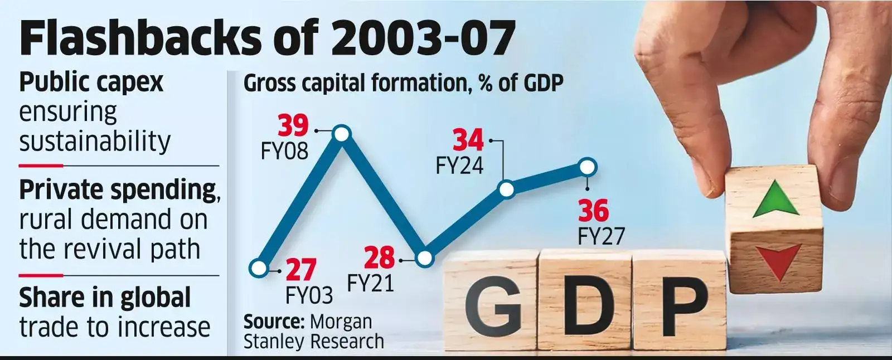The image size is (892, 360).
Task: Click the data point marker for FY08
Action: pyautogui.click(x=341, y=134)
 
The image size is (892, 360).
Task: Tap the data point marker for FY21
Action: pyautogui.click(x=424, y=259)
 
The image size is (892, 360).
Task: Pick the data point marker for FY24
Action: pyautogui.click(x=506, y=189)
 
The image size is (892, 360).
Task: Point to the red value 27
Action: pyautogui.click(x=301, y=270)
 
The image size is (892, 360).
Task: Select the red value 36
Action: pyautogui.click(x=593, y=212)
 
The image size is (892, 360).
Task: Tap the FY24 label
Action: pyautogui.click(x=459, y=166)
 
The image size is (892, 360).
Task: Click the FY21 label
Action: pyautogui.click(x=370, y=284)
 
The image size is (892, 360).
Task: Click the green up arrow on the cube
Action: pyautogui.click(x=775, y=201)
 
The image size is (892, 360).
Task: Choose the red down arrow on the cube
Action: pyautogui.click(x=775, y=262)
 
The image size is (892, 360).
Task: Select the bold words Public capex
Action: pyautogui.click(x=91, y=82)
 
